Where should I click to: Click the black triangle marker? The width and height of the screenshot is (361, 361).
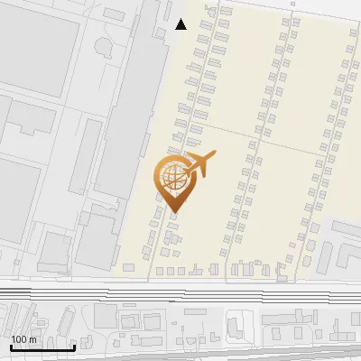180,24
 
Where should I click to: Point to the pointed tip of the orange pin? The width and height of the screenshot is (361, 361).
174,212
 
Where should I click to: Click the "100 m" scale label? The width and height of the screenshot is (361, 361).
23,339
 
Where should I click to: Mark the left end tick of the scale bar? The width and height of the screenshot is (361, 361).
11,347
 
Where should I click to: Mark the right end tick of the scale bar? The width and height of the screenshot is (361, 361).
73,347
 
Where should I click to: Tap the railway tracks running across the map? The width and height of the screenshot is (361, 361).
180,293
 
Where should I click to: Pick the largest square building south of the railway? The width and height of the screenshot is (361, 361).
106,316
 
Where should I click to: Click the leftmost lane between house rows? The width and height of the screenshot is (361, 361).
190,135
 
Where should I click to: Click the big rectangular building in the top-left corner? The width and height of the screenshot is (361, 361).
32,45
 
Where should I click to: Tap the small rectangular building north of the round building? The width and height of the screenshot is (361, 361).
114,14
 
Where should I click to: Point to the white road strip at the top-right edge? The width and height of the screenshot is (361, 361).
334,6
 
